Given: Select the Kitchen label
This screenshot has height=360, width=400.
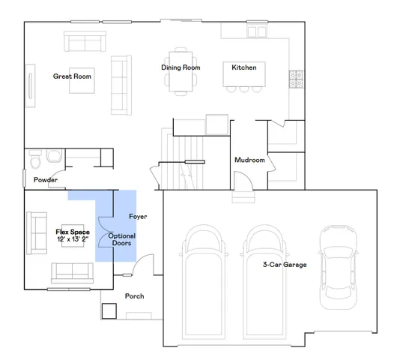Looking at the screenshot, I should pyautogui.click(x=243, y=67).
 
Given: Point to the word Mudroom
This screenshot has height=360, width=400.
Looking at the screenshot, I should pyautogui.click(x=249, y=160).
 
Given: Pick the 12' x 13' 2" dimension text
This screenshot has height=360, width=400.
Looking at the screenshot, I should pyautogui.click(x=73, y=239).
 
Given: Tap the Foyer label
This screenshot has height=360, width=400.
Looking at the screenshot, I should pyautogui.click(x=138, y=217).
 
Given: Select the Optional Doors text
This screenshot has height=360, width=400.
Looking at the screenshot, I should pyautogui.click(x=122, y=240).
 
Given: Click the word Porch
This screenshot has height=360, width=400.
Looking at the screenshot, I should pyautogui.click(x=135, y=296).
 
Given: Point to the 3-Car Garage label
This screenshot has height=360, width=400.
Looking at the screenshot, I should pyautogui.click(x=284, y=265).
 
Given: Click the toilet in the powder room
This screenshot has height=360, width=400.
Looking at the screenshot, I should pyautogui.click(x=52, y=157).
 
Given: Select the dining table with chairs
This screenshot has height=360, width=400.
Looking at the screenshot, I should pyautogui.click(x=180, y=71).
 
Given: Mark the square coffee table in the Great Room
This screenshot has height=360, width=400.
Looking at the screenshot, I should pyautogui.click(x=82, y=82).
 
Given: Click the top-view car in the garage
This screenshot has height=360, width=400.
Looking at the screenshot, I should pyautogui.click(x=335, y=266).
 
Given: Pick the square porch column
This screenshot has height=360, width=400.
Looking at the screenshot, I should pyautogui.click(x=109, y=309).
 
